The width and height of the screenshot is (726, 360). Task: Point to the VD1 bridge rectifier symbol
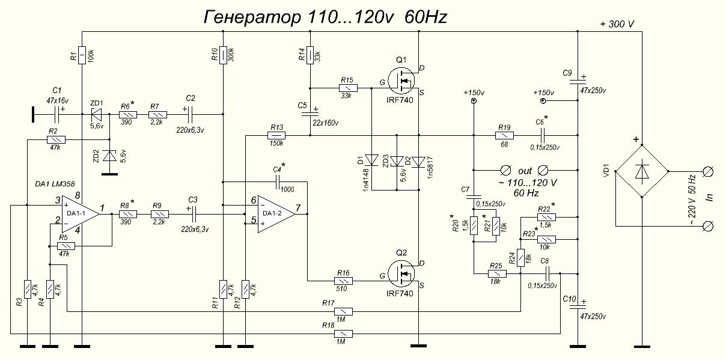coord(641,171)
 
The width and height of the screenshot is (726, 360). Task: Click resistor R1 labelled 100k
coord(82,54)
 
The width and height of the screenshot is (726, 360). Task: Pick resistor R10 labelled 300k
coord(223,54)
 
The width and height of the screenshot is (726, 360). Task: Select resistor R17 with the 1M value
coord(344,311)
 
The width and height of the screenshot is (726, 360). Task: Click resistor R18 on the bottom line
coord(344,333)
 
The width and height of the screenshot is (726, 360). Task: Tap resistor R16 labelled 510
coord(343,280)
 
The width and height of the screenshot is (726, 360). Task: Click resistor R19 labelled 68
coord(504,136)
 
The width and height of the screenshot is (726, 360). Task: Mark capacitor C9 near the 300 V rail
coord(577,79)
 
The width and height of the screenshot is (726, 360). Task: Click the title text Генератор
coord(252,17)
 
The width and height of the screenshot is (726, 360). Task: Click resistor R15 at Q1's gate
coord(347,88)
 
